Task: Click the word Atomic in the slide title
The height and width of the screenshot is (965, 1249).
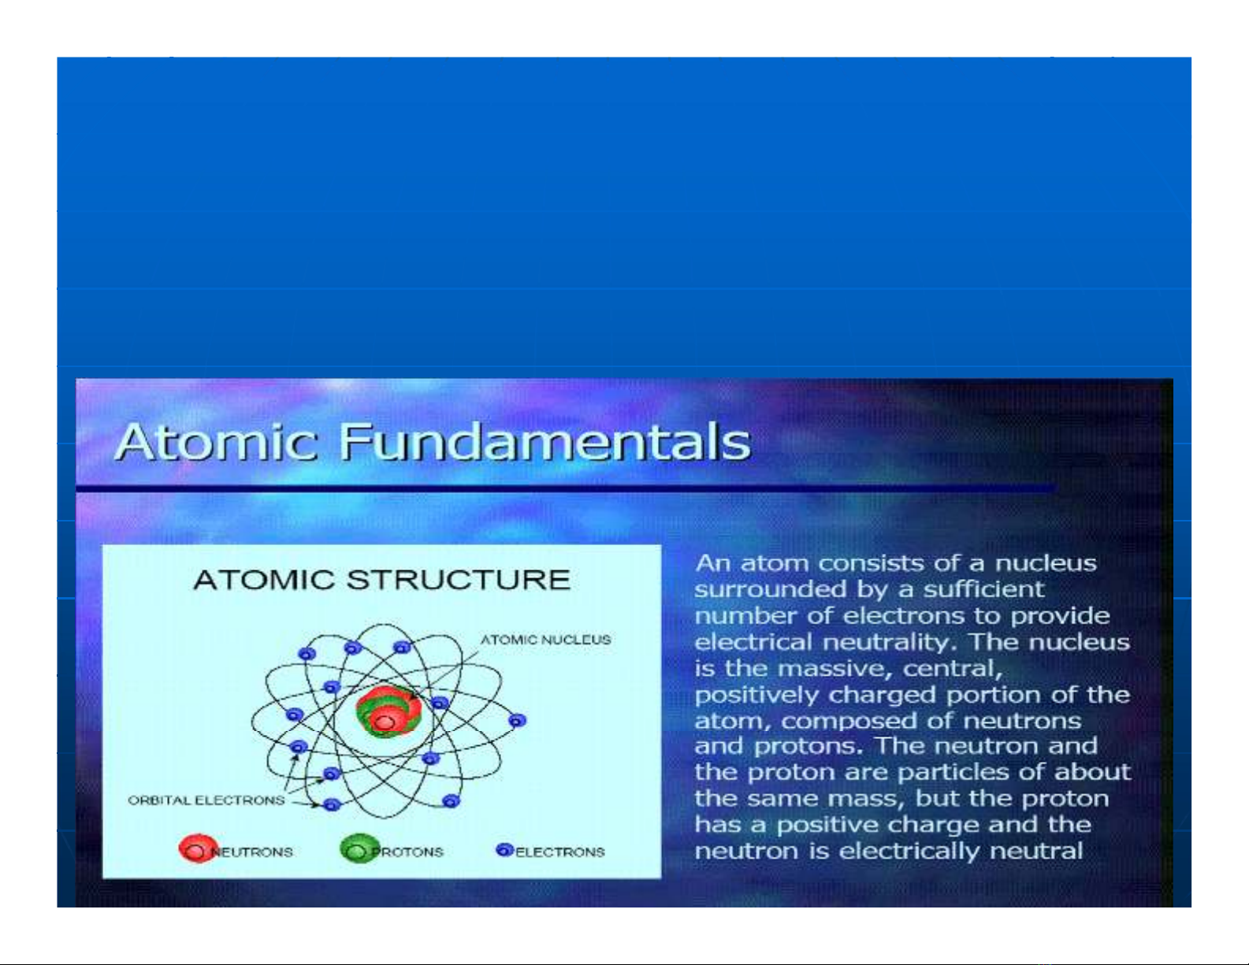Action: tap(216, 442)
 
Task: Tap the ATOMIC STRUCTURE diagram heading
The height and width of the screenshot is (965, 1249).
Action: tap(381, 580)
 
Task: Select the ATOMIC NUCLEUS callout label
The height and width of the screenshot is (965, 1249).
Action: tap(545, 640)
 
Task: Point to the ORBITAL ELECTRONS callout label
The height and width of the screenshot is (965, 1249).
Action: tap(206, 800)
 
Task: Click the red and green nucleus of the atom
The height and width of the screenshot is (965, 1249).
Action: tap(388, 711)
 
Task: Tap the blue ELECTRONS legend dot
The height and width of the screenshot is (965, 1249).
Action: tap(504, 849)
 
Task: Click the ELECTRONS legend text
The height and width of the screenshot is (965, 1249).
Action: tap(559, 852)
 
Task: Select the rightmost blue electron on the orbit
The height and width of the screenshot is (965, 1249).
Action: tap(517, 720)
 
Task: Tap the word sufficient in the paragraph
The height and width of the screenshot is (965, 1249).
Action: tap(983, 588)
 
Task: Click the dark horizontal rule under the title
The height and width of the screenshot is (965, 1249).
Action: tap(566, 488)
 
